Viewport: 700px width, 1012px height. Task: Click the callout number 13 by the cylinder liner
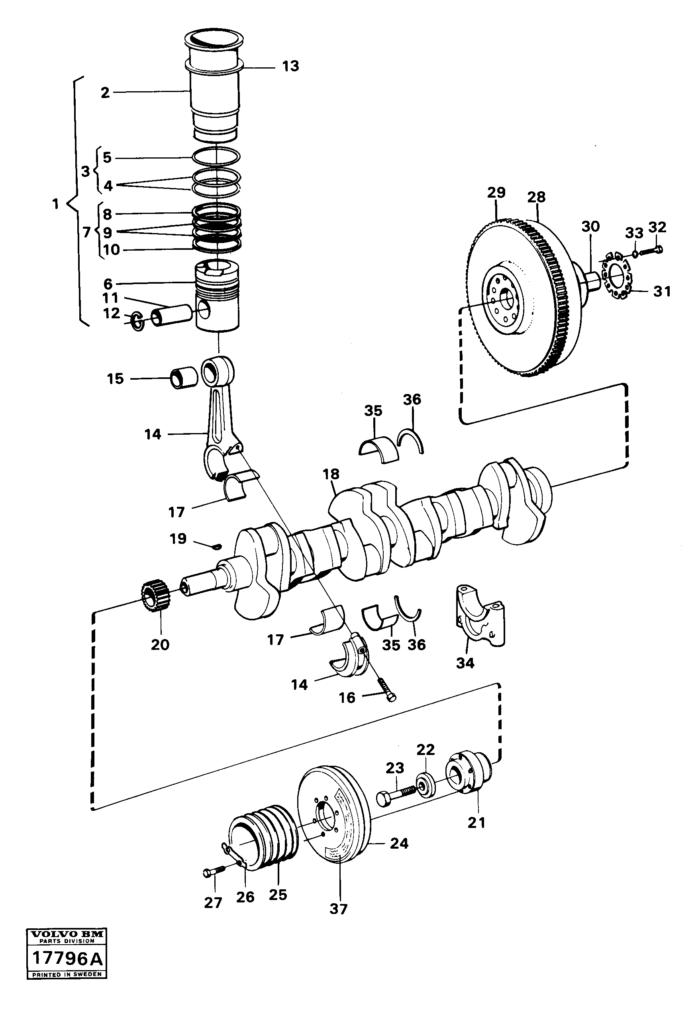pyautogui.click(x=290, y=66)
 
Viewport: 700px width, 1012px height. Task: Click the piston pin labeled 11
pyautogui.click(x=173, y=316)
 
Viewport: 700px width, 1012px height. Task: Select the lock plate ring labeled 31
pyautogui.click(x=616, y=277)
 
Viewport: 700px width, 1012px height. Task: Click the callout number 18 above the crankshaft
pyautogui.click(x=331, y=474)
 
